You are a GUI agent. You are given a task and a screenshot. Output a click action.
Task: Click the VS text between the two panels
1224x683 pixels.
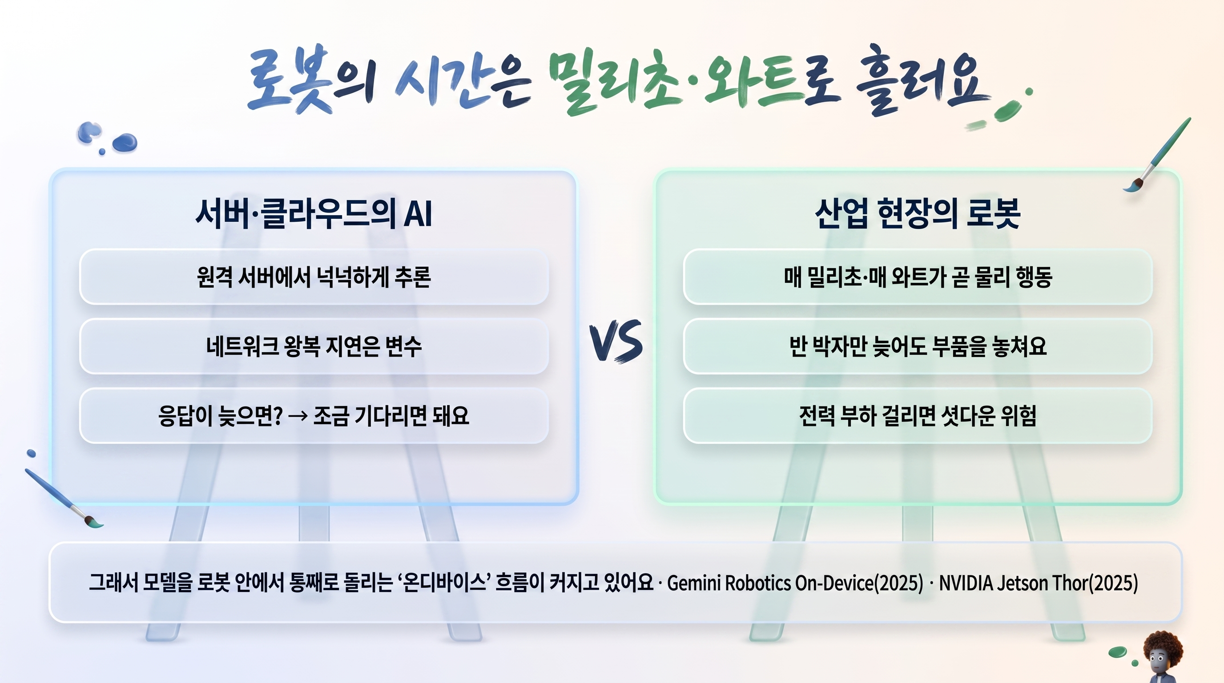click(616, 341)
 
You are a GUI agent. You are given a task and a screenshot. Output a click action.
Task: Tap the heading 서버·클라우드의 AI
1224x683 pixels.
click(314, 213)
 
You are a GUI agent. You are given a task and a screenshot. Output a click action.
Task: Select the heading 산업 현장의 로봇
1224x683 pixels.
click(918, 213)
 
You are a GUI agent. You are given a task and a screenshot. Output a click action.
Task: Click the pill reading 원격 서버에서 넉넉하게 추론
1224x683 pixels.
click(314, 277)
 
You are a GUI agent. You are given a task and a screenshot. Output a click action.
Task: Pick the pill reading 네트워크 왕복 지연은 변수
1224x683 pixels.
click(314, 346)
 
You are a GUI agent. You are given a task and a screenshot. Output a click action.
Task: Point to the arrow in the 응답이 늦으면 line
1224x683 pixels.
click(298, 416)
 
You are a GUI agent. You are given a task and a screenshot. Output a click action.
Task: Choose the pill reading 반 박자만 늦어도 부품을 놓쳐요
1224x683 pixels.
click(918, 346)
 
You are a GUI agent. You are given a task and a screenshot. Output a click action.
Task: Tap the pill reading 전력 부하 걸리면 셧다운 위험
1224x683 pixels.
click(918, 416)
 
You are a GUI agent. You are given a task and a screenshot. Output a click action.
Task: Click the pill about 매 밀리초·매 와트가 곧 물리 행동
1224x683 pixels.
click(918, 277)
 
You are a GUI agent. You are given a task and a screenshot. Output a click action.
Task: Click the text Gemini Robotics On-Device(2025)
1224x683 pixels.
click(795, 583)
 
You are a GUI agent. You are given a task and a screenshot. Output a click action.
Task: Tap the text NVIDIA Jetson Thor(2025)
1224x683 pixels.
click(1039, 583)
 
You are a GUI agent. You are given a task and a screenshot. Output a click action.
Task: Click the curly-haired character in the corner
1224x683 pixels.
click(1162, 657)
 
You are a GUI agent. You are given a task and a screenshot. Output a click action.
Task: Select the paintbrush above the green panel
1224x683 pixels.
click(1157, 155)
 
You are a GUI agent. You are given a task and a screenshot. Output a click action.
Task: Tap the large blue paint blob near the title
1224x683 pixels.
click(125, 142)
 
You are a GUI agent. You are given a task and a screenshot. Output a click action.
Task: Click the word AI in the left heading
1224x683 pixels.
click(418, 214)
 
